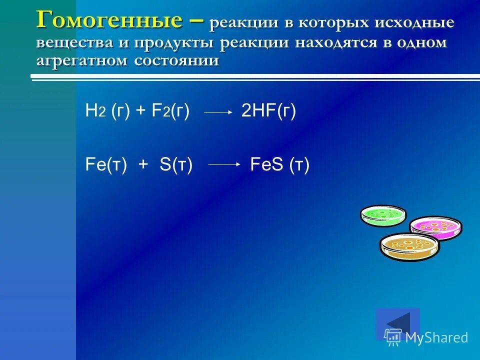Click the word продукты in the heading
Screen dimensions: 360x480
(x=175, y=42)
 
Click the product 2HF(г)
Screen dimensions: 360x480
(x=268, y=111)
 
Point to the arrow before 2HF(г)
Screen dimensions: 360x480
(x=218, y=112)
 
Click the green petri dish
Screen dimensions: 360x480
(x=383, y=215)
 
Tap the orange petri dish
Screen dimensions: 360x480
(x=409, y=246)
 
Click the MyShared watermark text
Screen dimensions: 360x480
(x=436, y=337)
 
